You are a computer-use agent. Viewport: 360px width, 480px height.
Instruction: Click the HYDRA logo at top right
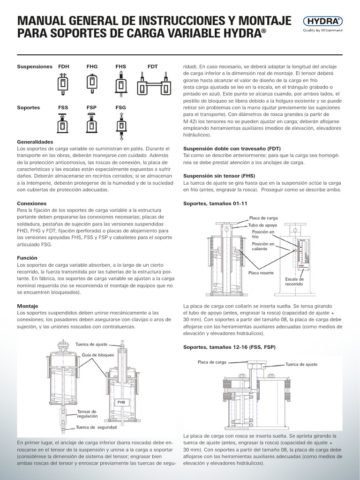(323, 21)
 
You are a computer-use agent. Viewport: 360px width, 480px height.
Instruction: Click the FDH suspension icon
(63, 83)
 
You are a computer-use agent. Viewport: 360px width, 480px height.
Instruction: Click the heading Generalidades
(35, 142)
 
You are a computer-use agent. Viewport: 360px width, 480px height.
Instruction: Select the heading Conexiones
(32, 203)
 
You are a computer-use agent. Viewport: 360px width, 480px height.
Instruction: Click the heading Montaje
(28, 306)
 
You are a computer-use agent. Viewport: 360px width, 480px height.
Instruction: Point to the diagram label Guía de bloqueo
(98, 355)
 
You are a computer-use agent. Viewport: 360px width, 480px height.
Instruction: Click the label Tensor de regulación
(87, 413)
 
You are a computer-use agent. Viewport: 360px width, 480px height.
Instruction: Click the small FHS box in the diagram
(121, 402)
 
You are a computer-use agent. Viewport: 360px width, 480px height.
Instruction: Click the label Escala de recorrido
(294, 282)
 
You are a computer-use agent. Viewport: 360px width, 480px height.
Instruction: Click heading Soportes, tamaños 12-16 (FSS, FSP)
(229, 347)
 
